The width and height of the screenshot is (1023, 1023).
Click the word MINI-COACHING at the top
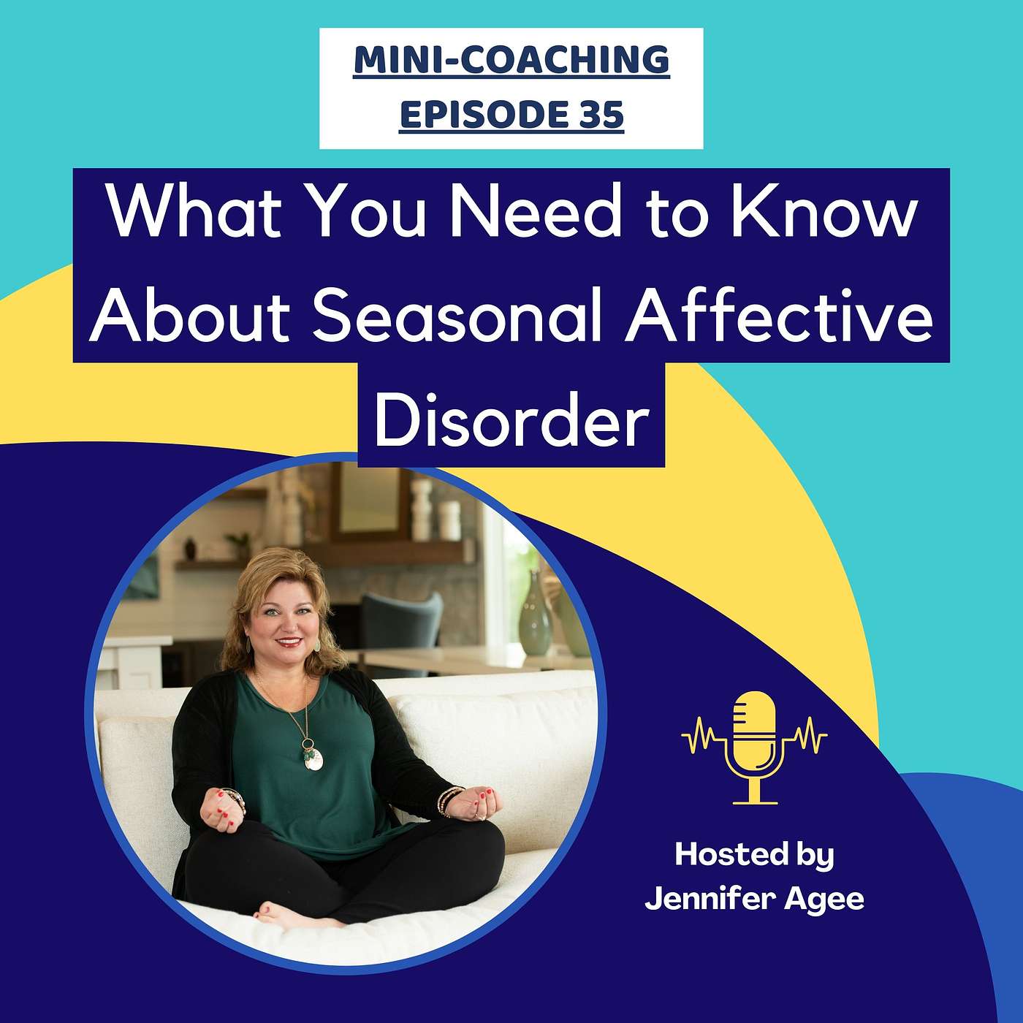(x=512, y=61)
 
